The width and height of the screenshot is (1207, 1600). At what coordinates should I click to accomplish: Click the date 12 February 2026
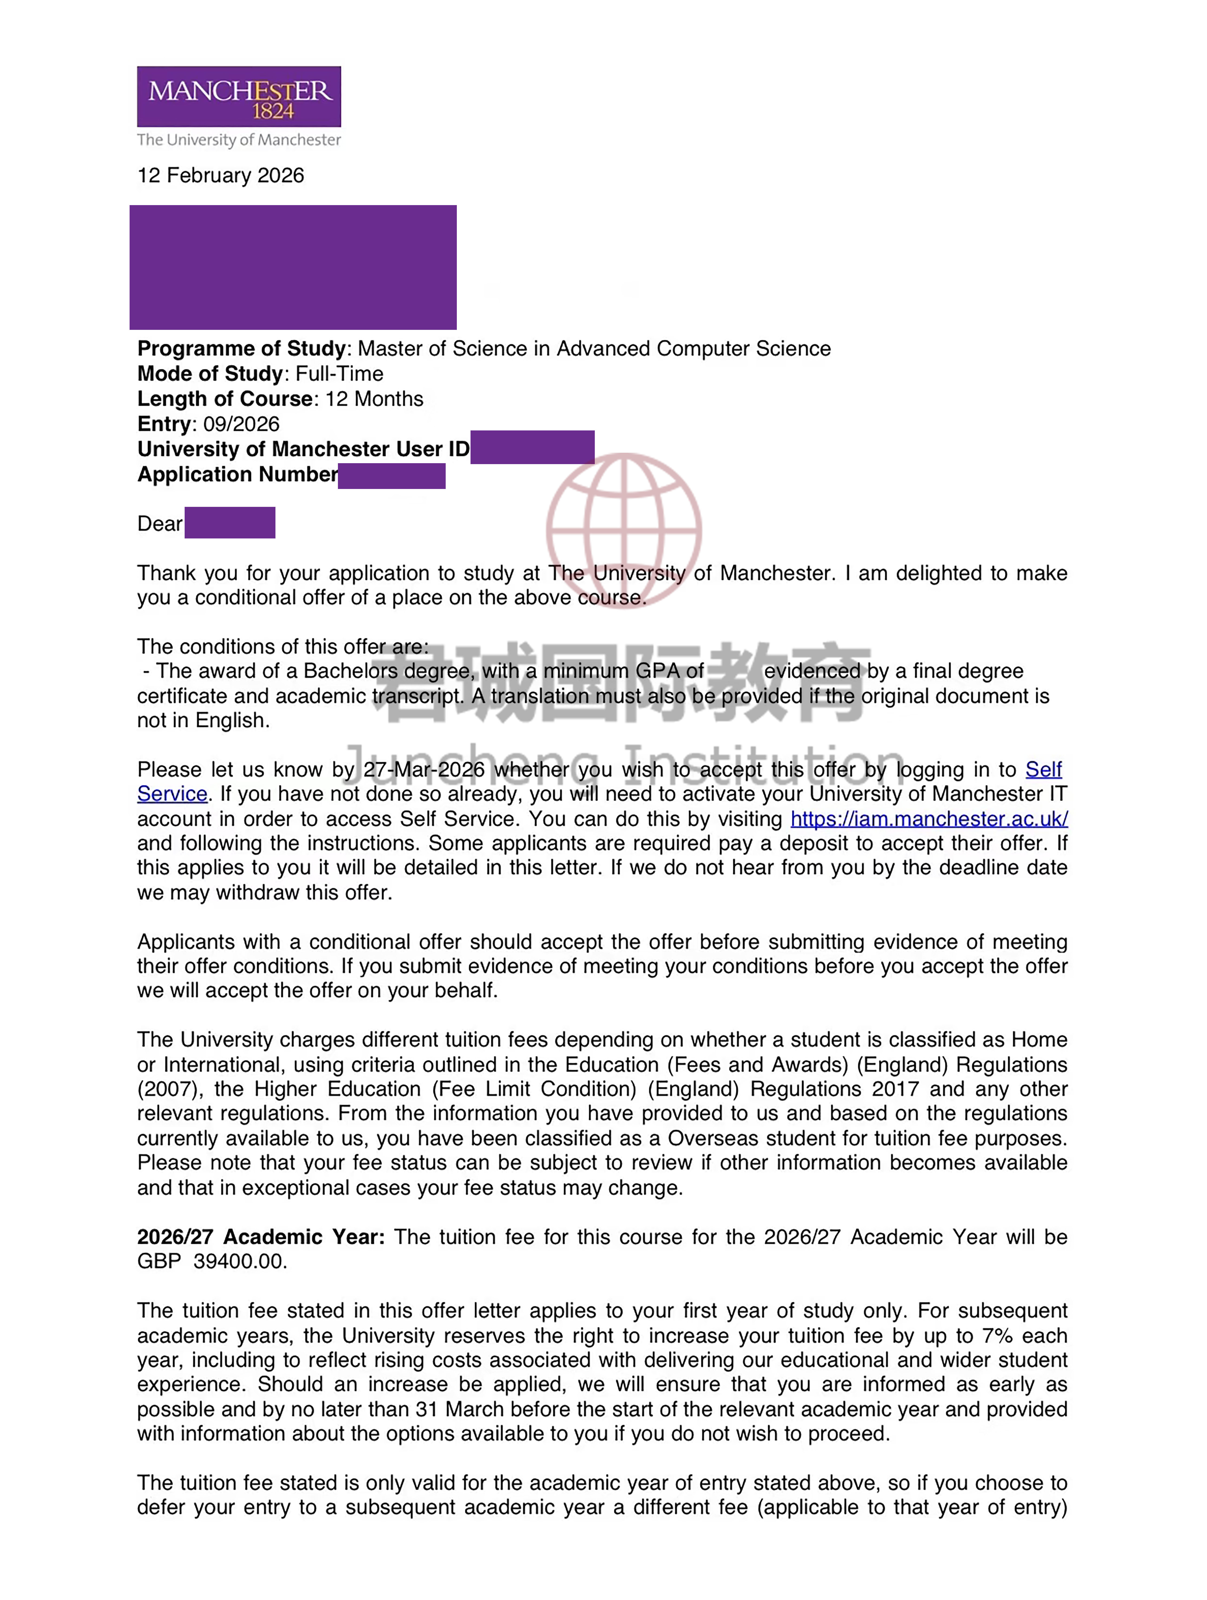(x=221, y=176)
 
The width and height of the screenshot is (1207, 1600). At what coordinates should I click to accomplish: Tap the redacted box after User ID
(x=532, y=447)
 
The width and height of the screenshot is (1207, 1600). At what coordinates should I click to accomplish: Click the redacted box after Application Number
(x=391, y=476)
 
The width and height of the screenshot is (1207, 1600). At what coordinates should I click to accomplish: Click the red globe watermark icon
(x=623, y=530)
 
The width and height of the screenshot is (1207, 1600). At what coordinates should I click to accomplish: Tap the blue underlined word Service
(x=172, y=794)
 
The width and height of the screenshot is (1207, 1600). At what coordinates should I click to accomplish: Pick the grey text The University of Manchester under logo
(x=239, y=140)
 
